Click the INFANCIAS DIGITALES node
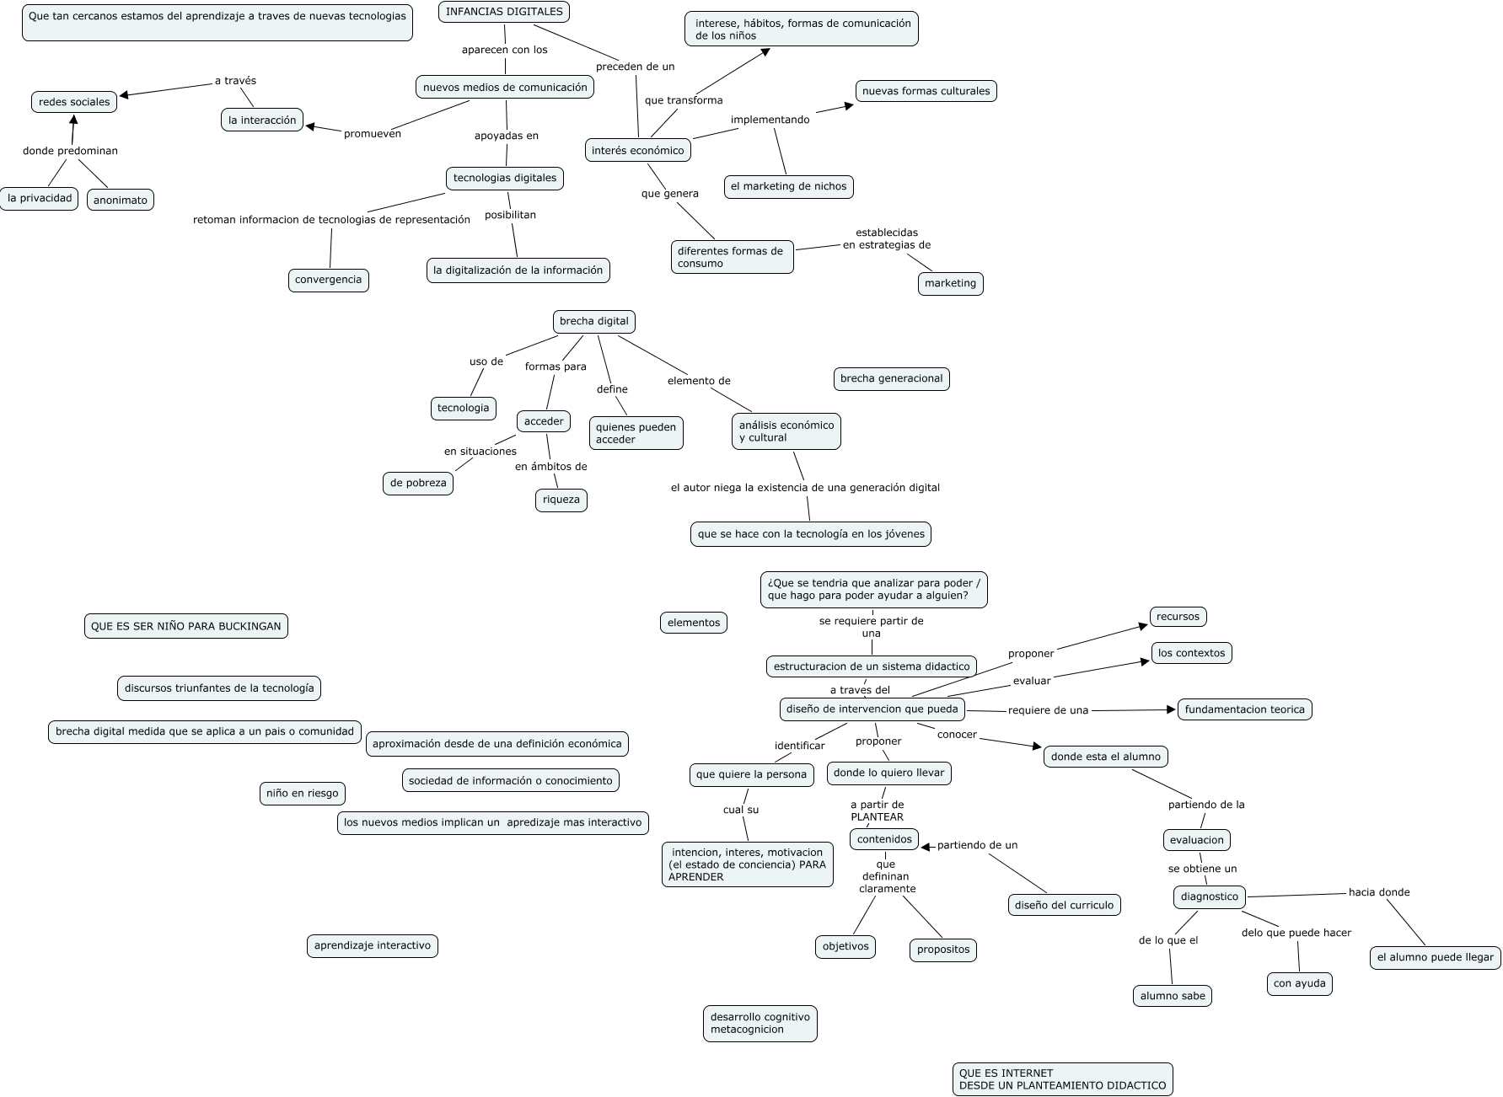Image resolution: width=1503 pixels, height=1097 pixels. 504,12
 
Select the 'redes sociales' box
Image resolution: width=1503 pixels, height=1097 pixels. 74,102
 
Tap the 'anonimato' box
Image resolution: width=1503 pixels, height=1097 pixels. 121,200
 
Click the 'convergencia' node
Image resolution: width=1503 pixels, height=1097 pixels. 328,280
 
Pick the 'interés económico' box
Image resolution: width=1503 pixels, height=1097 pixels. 638,150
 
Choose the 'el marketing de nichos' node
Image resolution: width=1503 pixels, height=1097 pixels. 788,186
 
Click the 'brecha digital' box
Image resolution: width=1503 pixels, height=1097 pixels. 594,321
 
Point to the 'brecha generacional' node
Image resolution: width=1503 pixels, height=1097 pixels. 891,378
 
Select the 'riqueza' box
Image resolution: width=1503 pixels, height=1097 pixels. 561,500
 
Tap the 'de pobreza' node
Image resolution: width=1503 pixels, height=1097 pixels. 418,483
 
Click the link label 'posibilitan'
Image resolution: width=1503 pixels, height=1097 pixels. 510,215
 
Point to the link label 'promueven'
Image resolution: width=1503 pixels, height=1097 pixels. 373,134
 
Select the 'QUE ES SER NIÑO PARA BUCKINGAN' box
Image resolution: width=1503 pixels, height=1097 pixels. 186,626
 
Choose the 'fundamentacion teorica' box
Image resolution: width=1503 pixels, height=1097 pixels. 1244,709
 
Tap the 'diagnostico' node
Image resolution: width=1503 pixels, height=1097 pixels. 1210,896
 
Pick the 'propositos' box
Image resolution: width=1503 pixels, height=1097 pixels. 943,950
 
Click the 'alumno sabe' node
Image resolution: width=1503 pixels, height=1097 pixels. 1173,996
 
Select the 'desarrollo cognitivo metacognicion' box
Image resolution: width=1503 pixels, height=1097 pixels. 760,1023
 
